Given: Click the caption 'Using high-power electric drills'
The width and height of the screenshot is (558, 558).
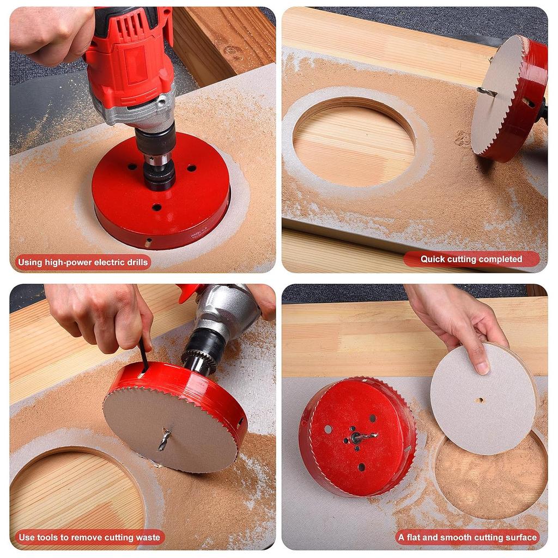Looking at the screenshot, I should click(82, 262).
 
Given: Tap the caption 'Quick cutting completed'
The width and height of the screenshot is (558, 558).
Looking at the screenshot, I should click(471, 259).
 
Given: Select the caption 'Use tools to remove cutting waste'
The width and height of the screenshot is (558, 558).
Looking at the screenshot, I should click(89, 537).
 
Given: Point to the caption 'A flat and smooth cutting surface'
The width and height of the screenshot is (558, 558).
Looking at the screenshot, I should click(468, 537).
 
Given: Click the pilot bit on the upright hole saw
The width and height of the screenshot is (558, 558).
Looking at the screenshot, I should click(487, 92).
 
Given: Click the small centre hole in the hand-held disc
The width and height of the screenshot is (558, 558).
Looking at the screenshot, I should click(480, 400).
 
